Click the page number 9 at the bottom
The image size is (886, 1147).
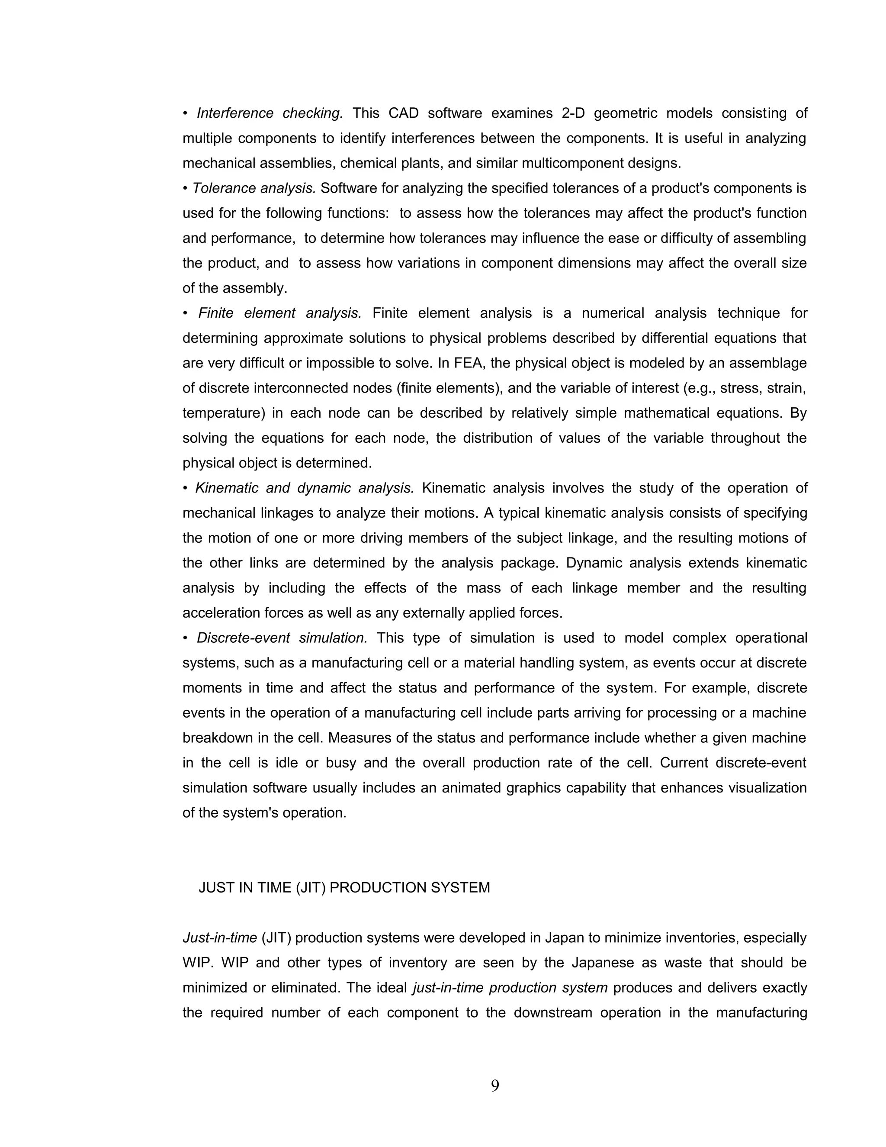point(494,1086)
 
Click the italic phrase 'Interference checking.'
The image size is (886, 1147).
point(269,113)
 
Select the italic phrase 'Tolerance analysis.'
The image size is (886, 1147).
point(254,188)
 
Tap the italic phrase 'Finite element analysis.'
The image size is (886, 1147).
point(279,313)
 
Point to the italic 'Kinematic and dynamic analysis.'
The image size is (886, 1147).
point(305,488)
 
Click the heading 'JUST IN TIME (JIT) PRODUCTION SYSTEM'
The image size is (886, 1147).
point(344,888)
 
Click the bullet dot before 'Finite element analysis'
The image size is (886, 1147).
point(185,313)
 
